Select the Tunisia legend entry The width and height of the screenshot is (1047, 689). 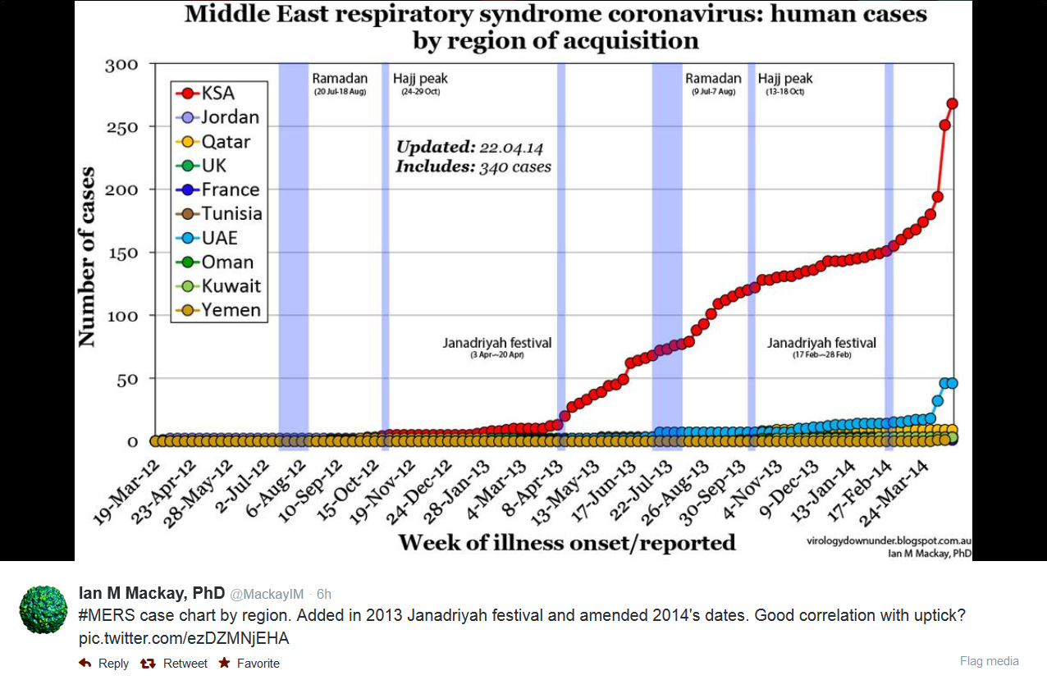click(x=221, y=214)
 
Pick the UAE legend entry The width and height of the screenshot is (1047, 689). click(x=210, y=238)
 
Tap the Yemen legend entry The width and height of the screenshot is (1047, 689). click(x=221, y=310)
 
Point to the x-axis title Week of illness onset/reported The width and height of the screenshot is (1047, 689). click(x=566, y=542)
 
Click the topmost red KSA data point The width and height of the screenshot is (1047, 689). click(x=952, y=103)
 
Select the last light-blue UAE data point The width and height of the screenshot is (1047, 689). click(x=952, y=383)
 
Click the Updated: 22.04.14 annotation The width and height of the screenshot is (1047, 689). click(x=469, y=148)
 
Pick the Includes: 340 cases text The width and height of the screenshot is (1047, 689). click(x=473, y=167)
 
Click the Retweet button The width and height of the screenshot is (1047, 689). click(x=176, y=663)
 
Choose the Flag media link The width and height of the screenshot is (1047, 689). click(x=989, y=661)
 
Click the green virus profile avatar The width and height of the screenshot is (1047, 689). click(x=43, y=609)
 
